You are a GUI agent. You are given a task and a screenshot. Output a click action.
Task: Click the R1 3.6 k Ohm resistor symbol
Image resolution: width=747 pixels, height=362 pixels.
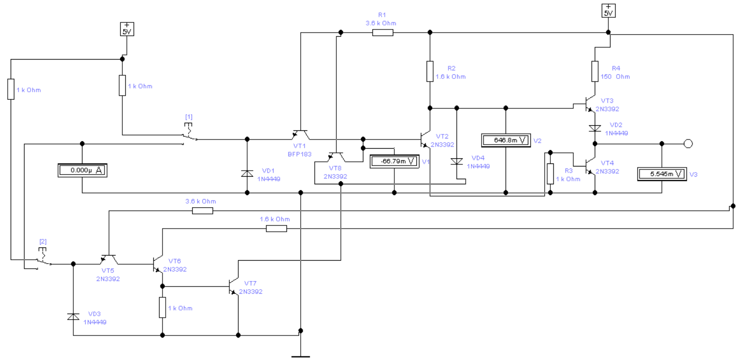pyautogui.click(x=383, y=33)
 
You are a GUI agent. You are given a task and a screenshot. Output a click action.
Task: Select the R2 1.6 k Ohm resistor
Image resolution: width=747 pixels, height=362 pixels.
pyautogui.click(x=430, y=71)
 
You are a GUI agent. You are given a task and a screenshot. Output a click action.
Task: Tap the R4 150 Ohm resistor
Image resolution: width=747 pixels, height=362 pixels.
pyautogui.click(x=595, y=71)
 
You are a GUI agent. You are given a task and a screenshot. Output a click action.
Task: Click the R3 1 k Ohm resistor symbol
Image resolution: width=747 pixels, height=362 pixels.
pyautogui.click(x=550, y=174)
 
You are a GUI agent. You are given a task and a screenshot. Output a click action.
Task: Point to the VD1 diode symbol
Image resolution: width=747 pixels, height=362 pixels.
pyautogui.click(x=247, y=173)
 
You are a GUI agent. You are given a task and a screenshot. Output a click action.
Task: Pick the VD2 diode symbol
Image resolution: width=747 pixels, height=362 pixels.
pyautogui.click(x=595, y=128)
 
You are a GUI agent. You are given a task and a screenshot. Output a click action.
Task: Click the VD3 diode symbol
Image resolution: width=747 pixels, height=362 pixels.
pyautogui.click(x=73, y=316)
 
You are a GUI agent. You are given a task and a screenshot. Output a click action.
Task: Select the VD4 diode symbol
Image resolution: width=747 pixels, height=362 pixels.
pyautogui.click(x=457, y=161)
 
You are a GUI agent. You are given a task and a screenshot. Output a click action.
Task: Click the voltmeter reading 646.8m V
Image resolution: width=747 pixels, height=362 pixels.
pyautogui.click(x=506, y=141)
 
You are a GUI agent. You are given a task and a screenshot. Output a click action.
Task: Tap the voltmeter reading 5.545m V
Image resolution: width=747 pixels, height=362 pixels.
pyautogui.click(x=662, y=174)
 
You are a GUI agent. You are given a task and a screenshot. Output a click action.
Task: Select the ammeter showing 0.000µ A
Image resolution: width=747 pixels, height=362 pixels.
pyautogui.click(x=83, y=171)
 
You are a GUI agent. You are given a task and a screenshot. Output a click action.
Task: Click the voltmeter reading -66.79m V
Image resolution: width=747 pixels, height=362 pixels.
pyautogui.click(x=394, y=161)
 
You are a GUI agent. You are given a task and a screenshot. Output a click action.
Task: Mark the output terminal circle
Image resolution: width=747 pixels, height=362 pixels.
pyautogui.click(x=688, y=144)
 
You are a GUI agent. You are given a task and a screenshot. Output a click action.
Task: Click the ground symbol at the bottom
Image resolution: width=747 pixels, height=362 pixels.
pyautogui.click(x=301, y=356)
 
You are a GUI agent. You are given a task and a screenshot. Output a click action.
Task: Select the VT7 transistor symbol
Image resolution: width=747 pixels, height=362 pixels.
pyautogui.click(x=234, y=286)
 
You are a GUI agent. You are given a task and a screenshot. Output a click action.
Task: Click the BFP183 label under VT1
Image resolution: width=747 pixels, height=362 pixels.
pyautogui.click(x=300, y=154)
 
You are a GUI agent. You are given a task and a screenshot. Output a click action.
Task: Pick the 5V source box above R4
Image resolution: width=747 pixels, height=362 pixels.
pyautogui.click(x=608, y=11)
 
